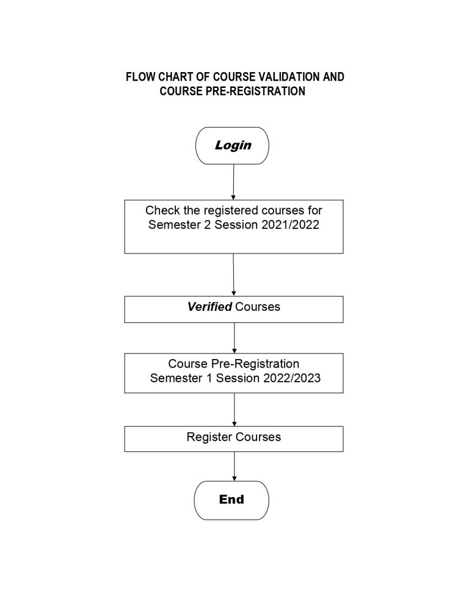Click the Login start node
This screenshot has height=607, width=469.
point(232,145)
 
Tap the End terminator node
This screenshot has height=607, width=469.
point(231,500)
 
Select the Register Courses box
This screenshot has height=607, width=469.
point(233,439)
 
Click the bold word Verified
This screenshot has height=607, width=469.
point(209,307)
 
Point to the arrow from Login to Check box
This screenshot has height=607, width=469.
point(233,182)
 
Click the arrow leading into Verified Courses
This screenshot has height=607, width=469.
point(233,275)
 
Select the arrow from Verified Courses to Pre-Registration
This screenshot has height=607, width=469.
point(234,338)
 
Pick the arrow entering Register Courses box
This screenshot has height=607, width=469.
point(234,410)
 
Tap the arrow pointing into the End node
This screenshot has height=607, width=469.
point(234,467)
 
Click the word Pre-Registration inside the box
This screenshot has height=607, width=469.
point(255,364)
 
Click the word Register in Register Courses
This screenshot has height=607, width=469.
point(209,437)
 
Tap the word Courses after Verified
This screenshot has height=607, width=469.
point(258,307)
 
